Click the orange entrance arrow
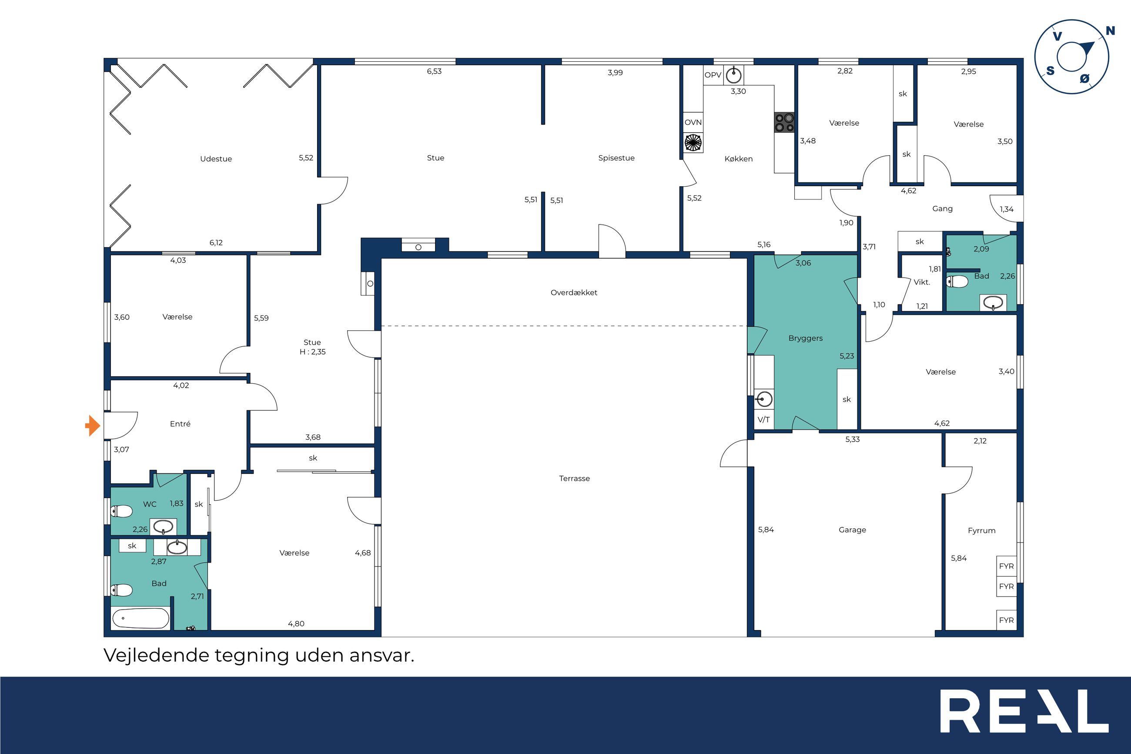93,426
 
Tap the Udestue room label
216,159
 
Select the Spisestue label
616,158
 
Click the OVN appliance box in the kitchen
693,122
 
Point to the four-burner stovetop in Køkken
784,123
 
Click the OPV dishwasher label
713,75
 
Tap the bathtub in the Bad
141,618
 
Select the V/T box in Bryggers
764,420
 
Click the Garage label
852,529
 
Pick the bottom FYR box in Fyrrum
1006,620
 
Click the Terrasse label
574,478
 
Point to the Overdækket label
574,292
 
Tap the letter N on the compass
1110,31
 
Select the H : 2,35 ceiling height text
312,352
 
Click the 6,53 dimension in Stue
434,71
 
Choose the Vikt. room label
922,282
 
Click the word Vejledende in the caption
157,655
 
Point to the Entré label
180,424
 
